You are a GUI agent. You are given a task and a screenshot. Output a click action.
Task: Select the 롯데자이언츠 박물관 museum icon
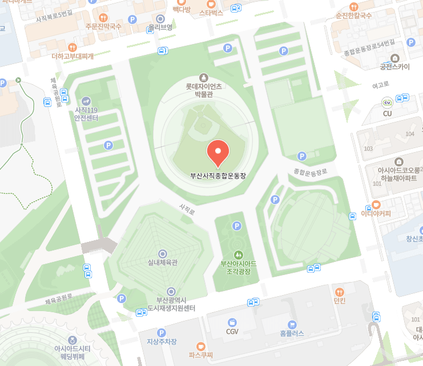pyautogui.click(x=203, y=77)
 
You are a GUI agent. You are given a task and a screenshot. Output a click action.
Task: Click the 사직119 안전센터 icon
pyautogui.click(x=86, y=101)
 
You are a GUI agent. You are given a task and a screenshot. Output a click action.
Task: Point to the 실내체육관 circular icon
pyautogui.click(x=163, y=253)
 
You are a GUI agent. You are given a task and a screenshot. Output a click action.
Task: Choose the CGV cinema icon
pyautogui.click(x=232, y=323)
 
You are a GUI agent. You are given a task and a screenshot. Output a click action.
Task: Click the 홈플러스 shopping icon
pyautogui.click(x=292, y=324)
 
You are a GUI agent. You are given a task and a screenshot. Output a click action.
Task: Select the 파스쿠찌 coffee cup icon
pyautogui.click(x=200, y=346)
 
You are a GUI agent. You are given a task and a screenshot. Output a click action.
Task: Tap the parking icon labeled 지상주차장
pyautogui.click(x=162, y=332)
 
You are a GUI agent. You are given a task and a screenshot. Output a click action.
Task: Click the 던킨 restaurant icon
pyautogui.click(x=340, y=292)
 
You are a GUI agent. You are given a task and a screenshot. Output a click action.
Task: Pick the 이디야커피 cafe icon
pyautogui.click(x=376, y=205)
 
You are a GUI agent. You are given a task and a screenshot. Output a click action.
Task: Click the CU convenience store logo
pyautogui.click(x=387, y=103)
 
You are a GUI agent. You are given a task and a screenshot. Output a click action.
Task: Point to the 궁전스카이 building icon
pyautogui.click(x=395, y=57)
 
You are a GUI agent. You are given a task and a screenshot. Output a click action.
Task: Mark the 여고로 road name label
pyautogui.click(x=380, y=85)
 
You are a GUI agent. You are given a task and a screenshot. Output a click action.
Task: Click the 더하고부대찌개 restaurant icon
pyautogui.click(x=72, y=47)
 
